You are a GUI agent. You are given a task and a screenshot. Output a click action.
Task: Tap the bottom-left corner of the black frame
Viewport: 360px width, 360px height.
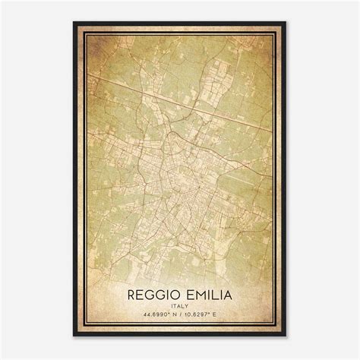[x=74, y=336]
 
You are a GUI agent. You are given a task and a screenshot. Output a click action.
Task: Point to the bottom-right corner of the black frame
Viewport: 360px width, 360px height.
[x=286, y=336]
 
